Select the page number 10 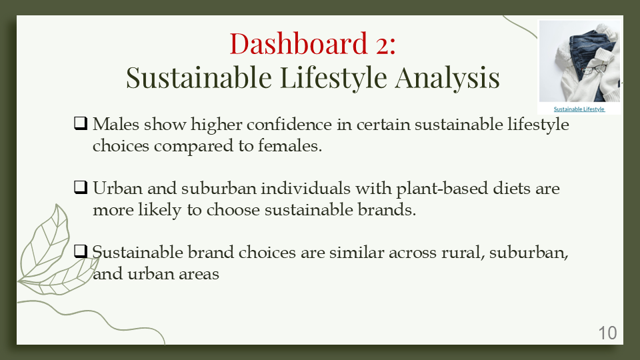[607, 333]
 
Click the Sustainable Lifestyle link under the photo [579, 109]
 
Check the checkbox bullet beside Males [81, 124]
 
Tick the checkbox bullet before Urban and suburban [81, 188]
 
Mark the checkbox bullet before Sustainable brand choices [81, 252]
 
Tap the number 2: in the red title [382, 44]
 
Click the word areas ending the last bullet [198, 274]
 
